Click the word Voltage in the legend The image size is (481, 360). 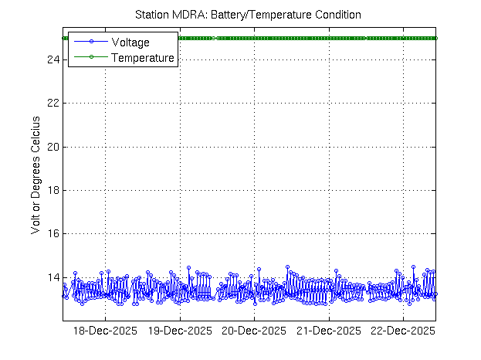pyautogui.click(x=130, y=42)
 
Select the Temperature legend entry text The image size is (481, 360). pyautogui.click(x=143, y=57)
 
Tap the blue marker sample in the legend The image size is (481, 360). pyautogui.click(x=90, y=42)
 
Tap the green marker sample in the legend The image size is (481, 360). pyautogui.click(x=90, y=57)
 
